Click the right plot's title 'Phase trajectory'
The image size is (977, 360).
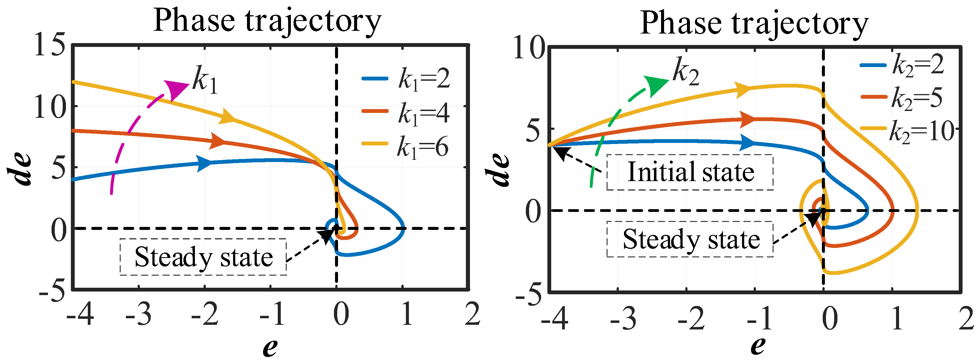point(754,23)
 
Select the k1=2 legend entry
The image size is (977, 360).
point(406,79)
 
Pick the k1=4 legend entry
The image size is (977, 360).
point(406,113)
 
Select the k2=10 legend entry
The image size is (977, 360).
point(906,131)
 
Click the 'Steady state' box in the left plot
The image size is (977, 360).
point(203,257)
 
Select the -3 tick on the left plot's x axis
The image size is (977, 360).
point(138,314)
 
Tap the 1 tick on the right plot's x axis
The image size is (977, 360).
point(897,318)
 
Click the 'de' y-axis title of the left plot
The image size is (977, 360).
point(20,170)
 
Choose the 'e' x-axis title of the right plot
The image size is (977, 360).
point(758,346)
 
